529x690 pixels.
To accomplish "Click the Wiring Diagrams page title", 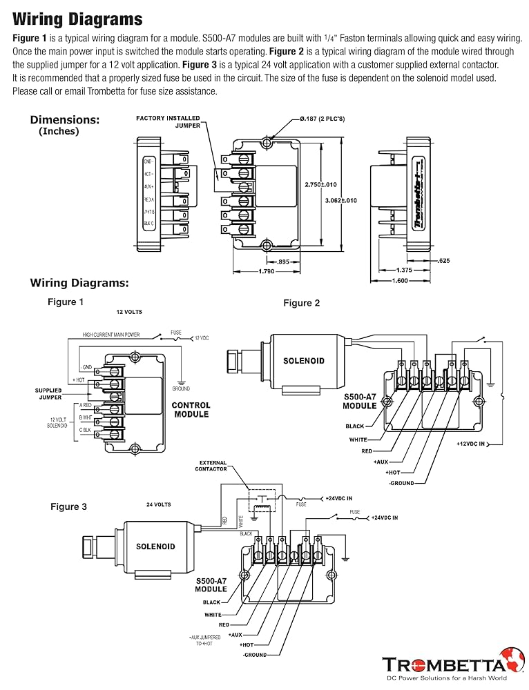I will coord(77,19).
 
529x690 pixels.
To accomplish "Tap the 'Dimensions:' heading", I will coord(64,119).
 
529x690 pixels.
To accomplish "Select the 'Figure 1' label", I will coord(66,302).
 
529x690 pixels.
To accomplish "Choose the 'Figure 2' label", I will coord(302,303).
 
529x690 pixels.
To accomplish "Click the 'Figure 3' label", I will coord(68,506).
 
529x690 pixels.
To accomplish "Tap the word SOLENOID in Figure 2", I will coord(303,361).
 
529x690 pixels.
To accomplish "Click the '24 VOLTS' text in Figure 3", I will coord(159,504).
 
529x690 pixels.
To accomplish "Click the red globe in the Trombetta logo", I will coord(511,660).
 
